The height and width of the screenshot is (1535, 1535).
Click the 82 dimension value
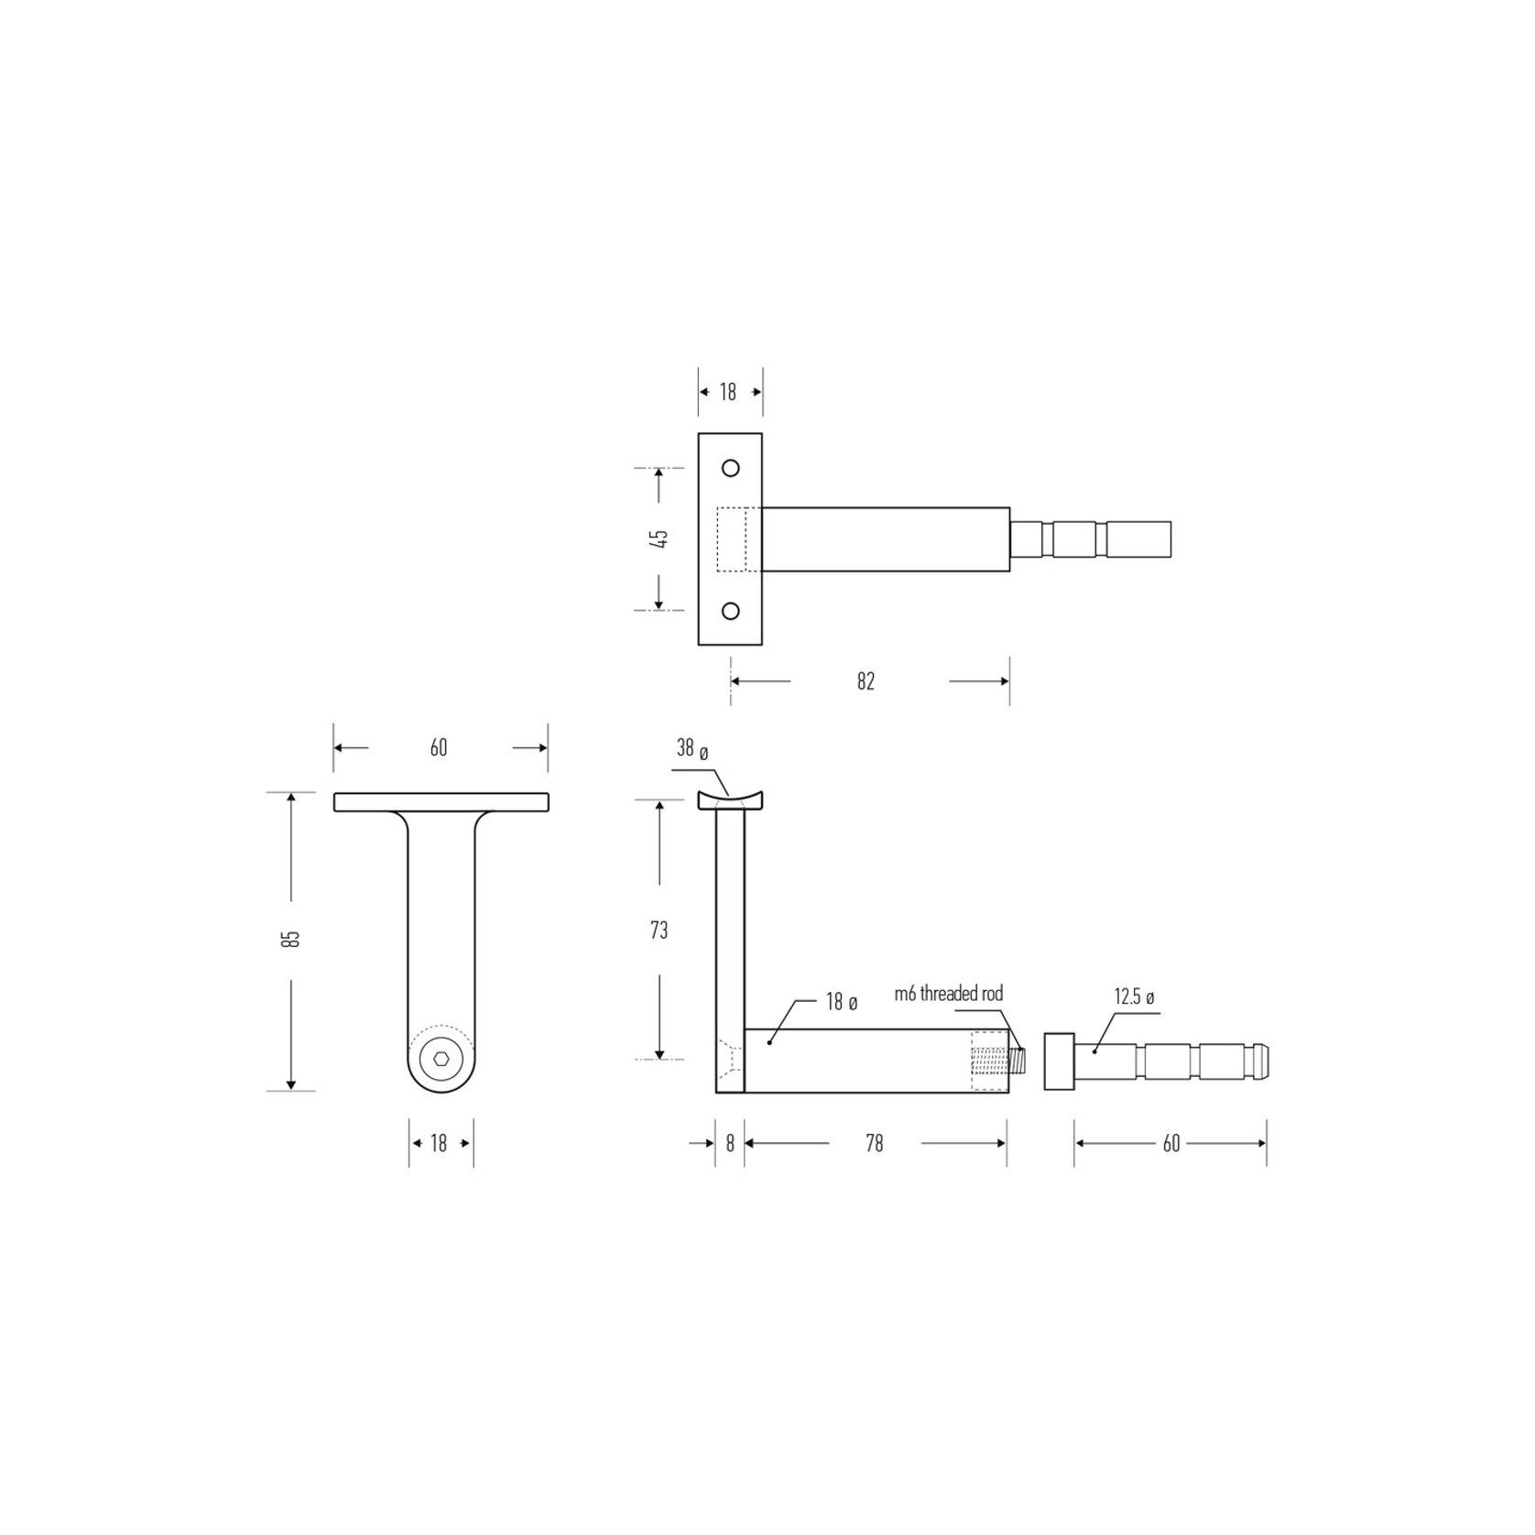865,681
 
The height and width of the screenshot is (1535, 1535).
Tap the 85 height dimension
291,939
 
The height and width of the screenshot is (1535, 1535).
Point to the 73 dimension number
659,931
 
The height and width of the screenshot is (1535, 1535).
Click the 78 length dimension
875,1143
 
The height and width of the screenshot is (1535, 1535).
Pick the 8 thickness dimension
730,1143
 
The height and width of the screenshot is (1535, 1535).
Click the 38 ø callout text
692,748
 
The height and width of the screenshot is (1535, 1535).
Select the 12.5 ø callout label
1135,996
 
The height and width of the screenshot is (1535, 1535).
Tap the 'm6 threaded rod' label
948,994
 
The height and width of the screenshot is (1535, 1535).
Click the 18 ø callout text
842,1002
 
